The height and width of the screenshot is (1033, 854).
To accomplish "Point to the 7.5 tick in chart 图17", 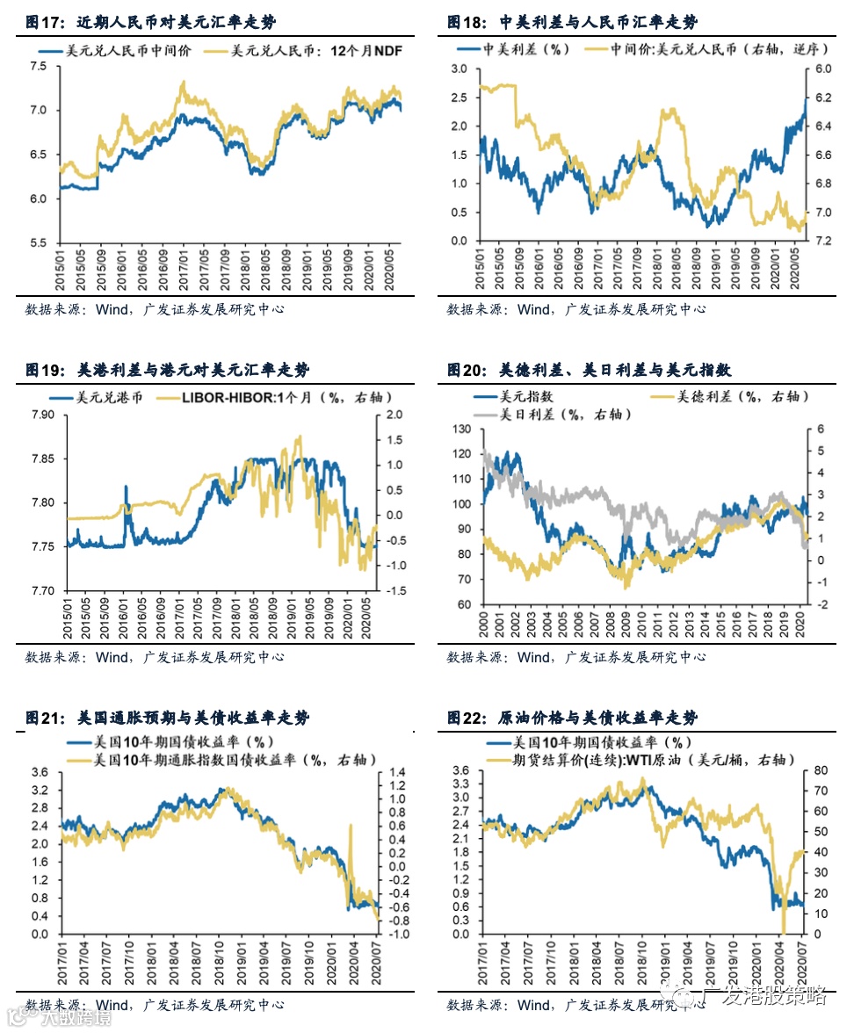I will coord(38,67).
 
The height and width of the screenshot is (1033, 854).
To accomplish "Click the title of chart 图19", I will coord(166,370).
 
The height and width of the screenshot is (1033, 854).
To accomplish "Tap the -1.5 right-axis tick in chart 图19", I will coord(393,591).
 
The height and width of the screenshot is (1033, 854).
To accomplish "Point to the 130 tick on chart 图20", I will coord(460,430).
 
